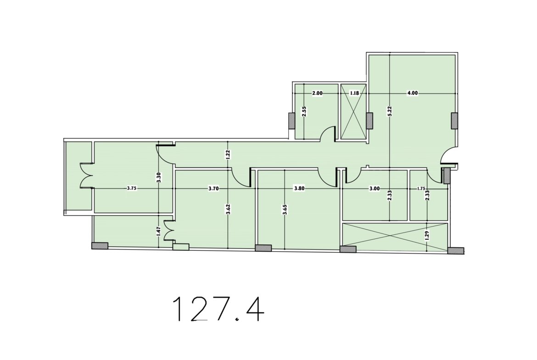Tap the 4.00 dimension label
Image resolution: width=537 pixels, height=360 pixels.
(412, 93)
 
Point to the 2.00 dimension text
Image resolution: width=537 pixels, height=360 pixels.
(317, 93)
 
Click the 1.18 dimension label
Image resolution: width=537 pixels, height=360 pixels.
(354, 93)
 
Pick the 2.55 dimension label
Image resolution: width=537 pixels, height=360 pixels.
(304, 111)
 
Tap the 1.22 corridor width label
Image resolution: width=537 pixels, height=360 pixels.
(228, 155)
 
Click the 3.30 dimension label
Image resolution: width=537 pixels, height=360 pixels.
(158, 177)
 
